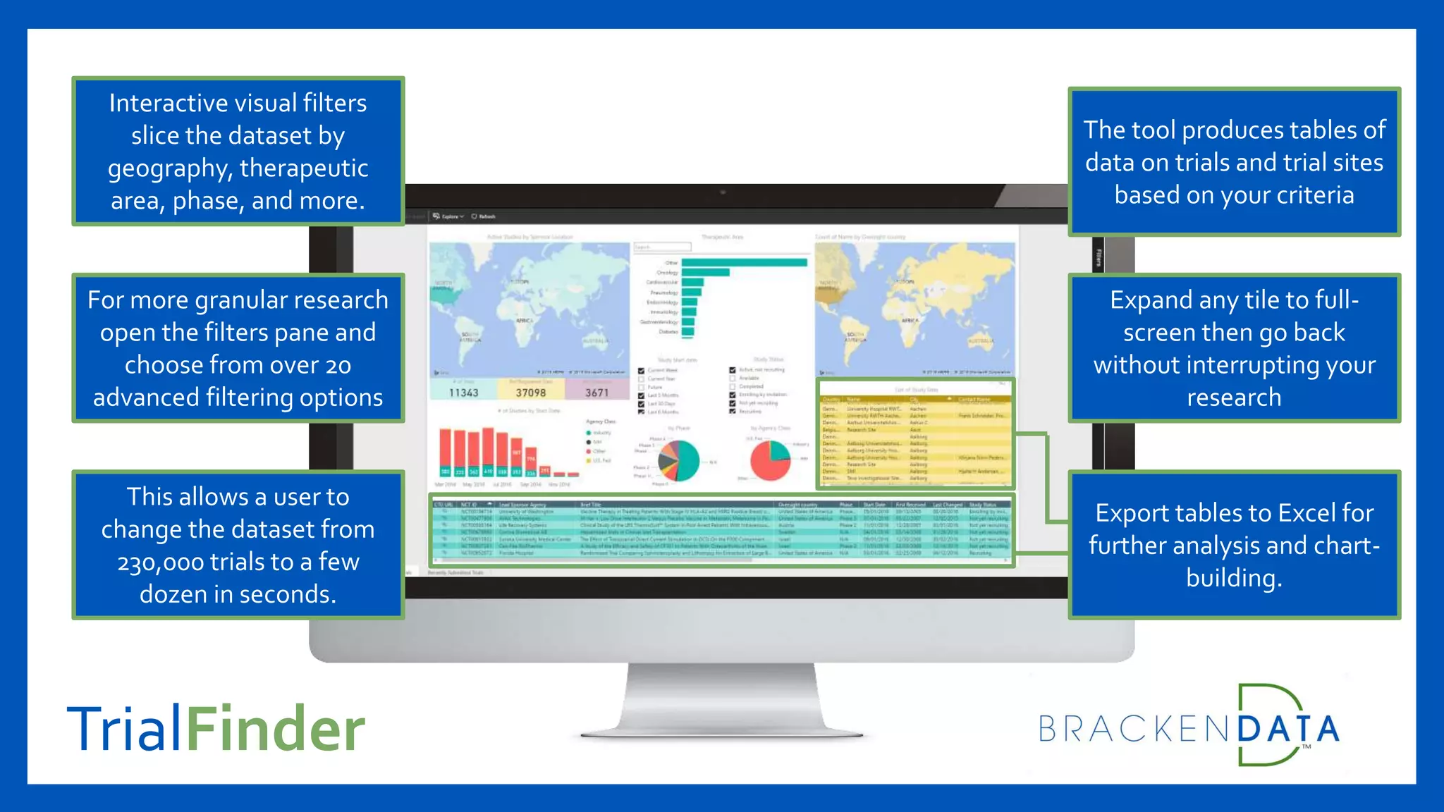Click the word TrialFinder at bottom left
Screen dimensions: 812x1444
pyautogui.click(x=216, y=728)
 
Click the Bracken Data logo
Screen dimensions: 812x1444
pyautogui.click(x=1189, y=726)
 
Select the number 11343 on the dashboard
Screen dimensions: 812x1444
pyautogui.click(x=463, y=393)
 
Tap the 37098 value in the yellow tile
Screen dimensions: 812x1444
pyautogui.click(x=530, y=393)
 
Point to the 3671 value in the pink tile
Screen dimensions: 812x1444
pyautogui.click(x=596, y=393)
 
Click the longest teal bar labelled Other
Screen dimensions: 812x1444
pyautogui.click(x=744, y=263)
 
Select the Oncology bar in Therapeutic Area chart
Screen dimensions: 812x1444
pyautogui.click(x=705, y=272)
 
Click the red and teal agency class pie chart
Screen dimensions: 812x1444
pyautogui.click(x=770, y=460)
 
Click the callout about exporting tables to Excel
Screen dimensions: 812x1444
pyautogui.click(x=1234, y=545)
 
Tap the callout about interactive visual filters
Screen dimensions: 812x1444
pyautogui.click(x=238, y=152)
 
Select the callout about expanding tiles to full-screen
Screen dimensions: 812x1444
pyautogui.click(x=1234, y=348)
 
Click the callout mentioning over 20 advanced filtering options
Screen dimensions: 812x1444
pyautogui.click(x=238, y=348)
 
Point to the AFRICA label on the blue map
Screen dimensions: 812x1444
pyautogui.click(x=524, y=321)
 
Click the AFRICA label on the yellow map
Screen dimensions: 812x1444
pyautogui.click(x=910, y=321)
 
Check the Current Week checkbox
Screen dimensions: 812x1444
pyautogui.click(x=641, y=370)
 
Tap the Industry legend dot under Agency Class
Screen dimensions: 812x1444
pyautogui.click(x=589, y=433)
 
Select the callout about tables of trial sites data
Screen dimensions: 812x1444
pyautogui.click(x=1234, y=162)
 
